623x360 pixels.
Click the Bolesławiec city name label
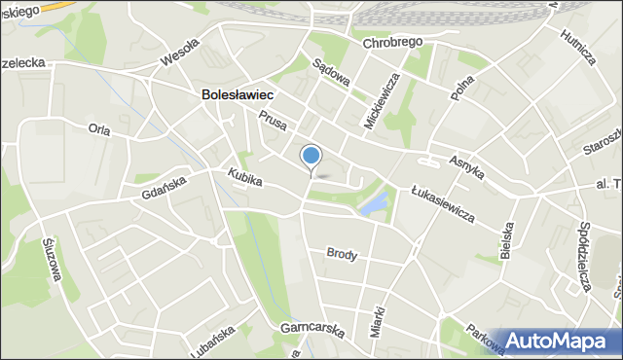pos(237,95)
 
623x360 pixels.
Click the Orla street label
pos(98,128)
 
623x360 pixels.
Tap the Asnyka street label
pos(468,164)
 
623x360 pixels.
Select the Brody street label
pos(343,255)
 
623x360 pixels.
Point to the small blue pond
pos(373,205)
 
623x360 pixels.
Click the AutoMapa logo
pos(558,342)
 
